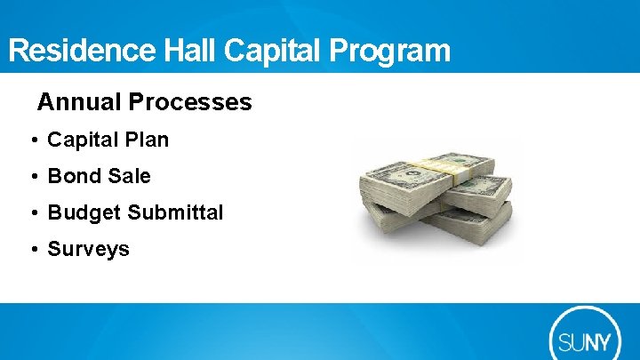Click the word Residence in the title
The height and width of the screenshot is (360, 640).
tap(83, 51)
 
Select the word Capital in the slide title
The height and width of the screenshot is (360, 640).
tap(274, 51)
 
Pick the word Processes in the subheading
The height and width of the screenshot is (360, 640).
tap(190, 102)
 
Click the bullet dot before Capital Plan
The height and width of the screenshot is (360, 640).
tap(32, 140)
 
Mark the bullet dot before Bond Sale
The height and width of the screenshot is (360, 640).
tap(32, 177)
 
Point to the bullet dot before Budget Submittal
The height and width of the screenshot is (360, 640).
tap(32, 213)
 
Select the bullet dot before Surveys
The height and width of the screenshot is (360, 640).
tap(32, 250)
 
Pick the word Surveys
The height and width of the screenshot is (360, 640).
tap(88, 250)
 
